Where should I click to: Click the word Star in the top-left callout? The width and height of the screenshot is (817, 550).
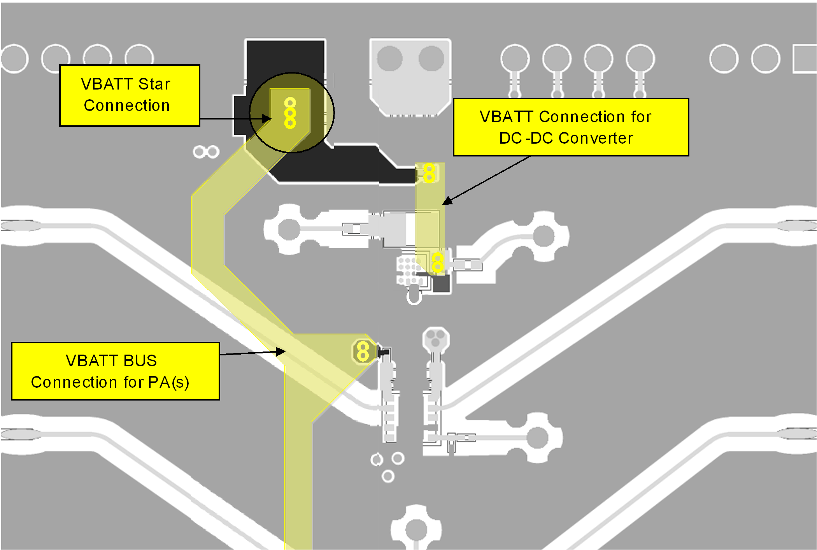point(154,84)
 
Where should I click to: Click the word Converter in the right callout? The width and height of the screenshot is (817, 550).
point(596,138)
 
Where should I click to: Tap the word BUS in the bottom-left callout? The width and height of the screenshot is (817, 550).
point(140,361)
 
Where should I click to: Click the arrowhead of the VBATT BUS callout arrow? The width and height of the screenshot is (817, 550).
point(281,351)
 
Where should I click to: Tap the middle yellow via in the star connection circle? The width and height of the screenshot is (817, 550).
point(290,113)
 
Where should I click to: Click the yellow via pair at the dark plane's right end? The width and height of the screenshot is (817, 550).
point(429,173)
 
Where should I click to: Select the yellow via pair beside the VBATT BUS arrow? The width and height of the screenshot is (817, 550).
point(363,351)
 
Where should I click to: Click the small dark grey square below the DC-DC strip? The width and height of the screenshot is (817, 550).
point(441,283)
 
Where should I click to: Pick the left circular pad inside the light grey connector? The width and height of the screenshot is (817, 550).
point(389,59)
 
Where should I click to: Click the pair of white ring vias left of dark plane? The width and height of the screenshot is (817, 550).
point(206,152)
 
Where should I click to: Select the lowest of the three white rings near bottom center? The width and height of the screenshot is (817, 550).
point(388,476)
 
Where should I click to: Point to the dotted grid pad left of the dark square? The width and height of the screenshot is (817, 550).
point(407,269)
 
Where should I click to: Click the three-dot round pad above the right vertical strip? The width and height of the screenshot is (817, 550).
point(436,338)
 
